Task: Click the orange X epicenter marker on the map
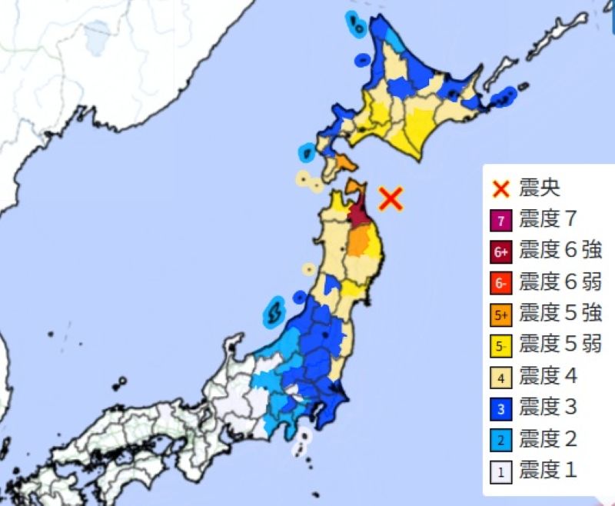(x=391, y=198)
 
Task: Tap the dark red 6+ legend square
(x=501, y=251)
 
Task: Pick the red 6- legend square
(x=501, y=283)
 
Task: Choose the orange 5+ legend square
(x=501, y=315)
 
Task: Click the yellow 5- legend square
(x=501, y=346)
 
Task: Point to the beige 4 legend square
(x=501, y=378)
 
